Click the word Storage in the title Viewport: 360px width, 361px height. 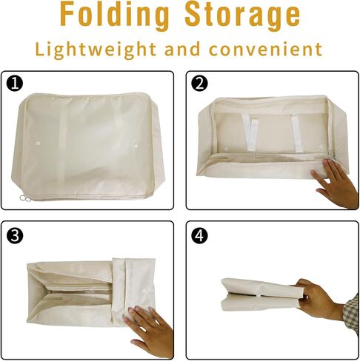point(242,16)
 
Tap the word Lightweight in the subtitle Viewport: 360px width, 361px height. point(96,50)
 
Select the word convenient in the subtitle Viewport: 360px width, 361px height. point(265,49)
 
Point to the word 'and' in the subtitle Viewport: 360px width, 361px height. point(182,49)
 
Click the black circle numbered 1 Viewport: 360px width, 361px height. point(15,84)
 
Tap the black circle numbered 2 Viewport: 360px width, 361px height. point(199,84)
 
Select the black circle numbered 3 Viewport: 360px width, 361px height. point(15,235)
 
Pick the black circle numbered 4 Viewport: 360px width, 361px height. point(199,235)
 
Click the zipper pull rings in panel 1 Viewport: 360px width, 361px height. point(24,198)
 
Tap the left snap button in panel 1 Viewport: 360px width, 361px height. point(38,143)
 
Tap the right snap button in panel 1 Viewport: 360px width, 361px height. point(135,145)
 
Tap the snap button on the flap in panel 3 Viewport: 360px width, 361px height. point(145,291)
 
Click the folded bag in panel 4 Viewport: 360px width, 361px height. point(261,294)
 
